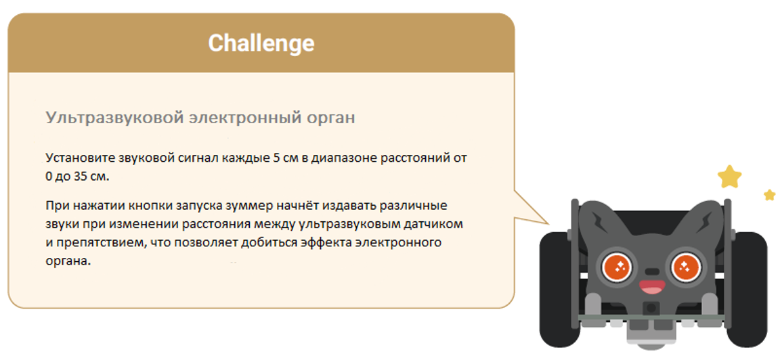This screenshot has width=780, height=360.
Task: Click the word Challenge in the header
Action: coord(261,43)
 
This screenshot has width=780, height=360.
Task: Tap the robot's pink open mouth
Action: coord(651,287)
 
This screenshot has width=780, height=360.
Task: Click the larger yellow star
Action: coord(729,177)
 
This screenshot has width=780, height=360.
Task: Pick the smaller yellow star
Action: coord(769,195)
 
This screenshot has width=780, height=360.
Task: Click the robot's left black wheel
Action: coord(555,284)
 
